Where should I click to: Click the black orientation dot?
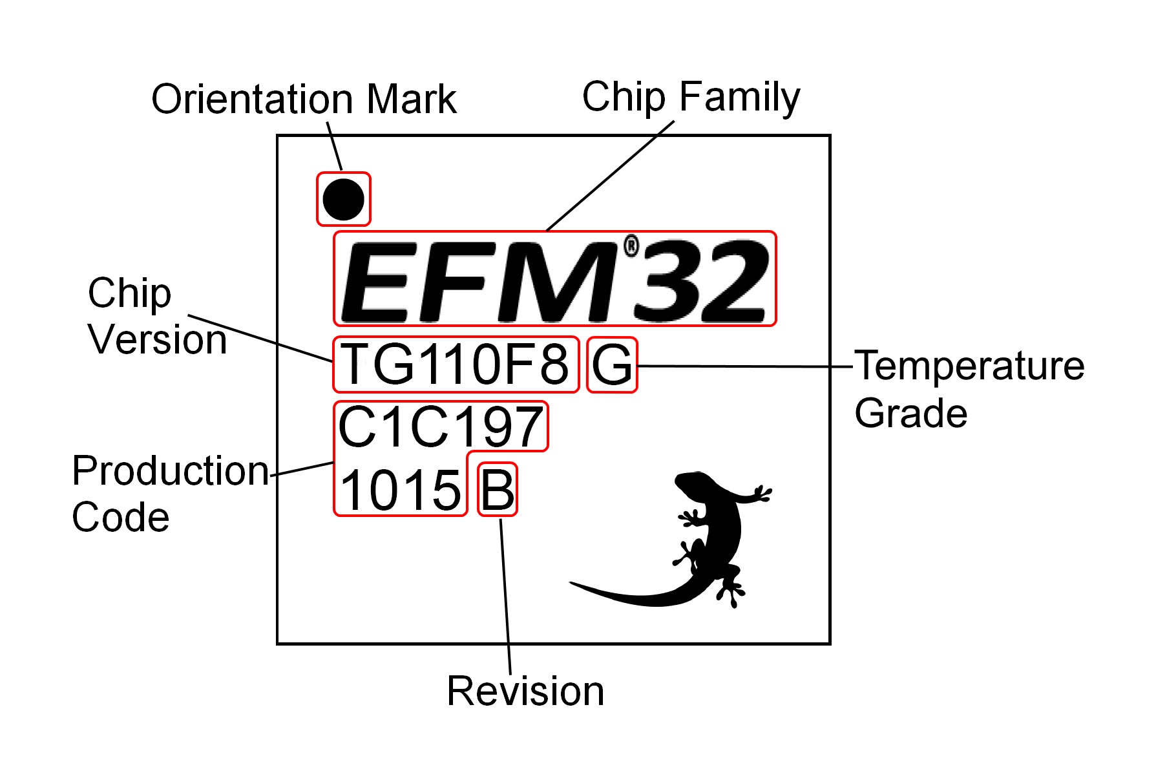click(x=343, y=199)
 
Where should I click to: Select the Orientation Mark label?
click(x=304, y=100)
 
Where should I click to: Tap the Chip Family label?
click(x=691, y=97)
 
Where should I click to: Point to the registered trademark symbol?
click(x=631, y=246)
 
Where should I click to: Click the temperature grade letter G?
click(x=612, y=365)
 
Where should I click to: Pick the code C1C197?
click(x=441, y=427)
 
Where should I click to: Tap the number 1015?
click(x=400, y=490)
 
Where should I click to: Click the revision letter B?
click(x=498, y=490)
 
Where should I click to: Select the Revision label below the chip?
click(x=525, y=691)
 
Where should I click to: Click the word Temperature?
click(x=969, y=366)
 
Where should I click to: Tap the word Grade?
click(x=910, y=414)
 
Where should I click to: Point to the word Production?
click(x=171, y=470)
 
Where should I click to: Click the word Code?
click(x=121, y=518)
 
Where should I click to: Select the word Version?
click(x=157, y=339)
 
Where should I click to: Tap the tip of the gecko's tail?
click(x=573, y=584)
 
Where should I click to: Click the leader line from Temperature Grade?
click(x=743, y=366)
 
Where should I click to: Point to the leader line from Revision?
click(x=505, y=595)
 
